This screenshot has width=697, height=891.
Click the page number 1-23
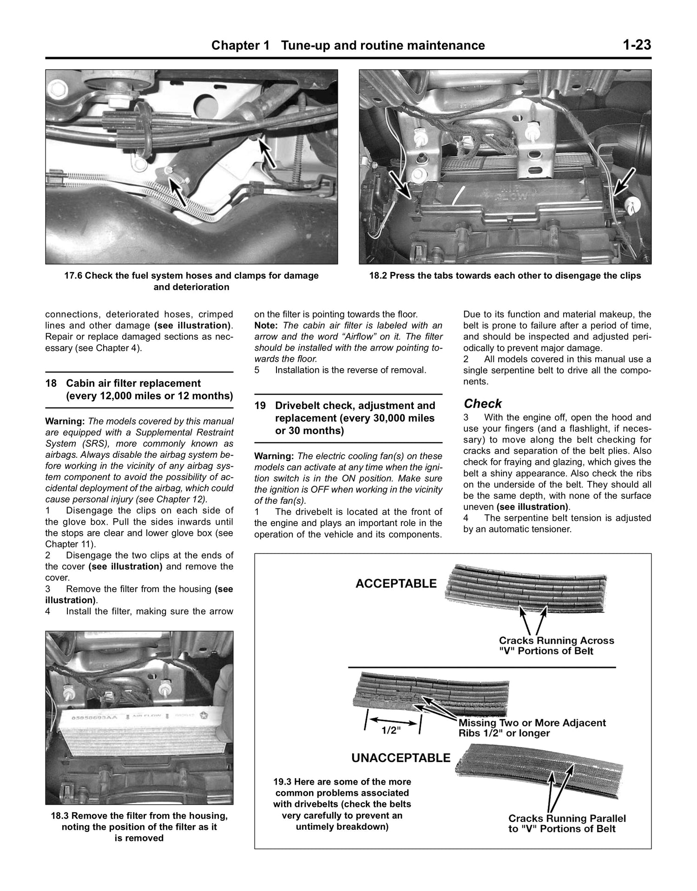[637, 45]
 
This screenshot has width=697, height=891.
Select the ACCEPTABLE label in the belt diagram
[396, 584]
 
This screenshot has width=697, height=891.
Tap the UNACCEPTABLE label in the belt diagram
[401, 758]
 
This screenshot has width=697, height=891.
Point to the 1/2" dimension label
[391, 730]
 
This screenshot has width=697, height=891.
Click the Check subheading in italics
[483, 403]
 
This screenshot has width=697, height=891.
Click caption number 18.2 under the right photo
[378, 276]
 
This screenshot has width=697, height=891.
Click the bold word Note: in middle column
[266, 325]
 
